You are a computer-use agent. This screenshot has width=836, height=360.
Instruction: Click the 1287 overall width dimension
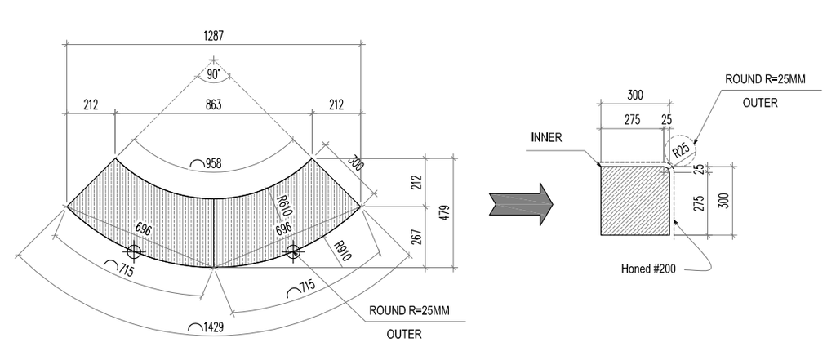click(214, 36)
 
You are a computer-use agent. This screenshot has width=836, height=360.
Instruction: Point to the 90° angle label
click(213, 75)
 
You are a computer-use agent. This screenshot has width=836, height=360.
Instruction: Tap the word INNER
click(546, 137)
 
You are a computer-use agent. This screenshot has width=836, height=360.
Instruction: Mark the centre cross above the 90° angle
click(213, 60)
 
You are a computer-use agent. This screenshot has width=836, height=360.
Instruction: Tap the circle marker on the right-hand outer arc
click(294, 251)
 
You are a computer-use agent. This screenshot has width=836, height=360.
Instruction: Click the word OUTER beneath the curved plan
click(404, 333)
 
